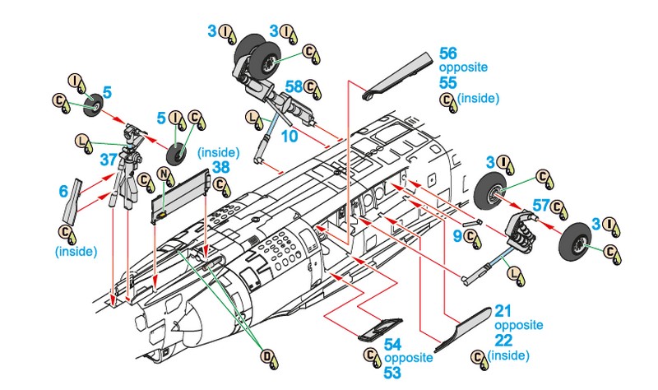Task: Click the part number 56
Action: pyautogui.click(x=450, y=51)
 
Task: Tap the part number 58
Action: pyautogui.click(x=294, y=85)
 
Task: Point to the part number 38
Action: pyautogui.click(x=220, y=166)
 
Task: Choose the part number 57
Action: pyautogui.click(x=540, y=205)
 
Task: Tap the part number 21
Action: pyautogui.click(x=503, y=310)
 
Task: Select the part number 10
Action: pyautogui.click(x=288, y=135)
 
